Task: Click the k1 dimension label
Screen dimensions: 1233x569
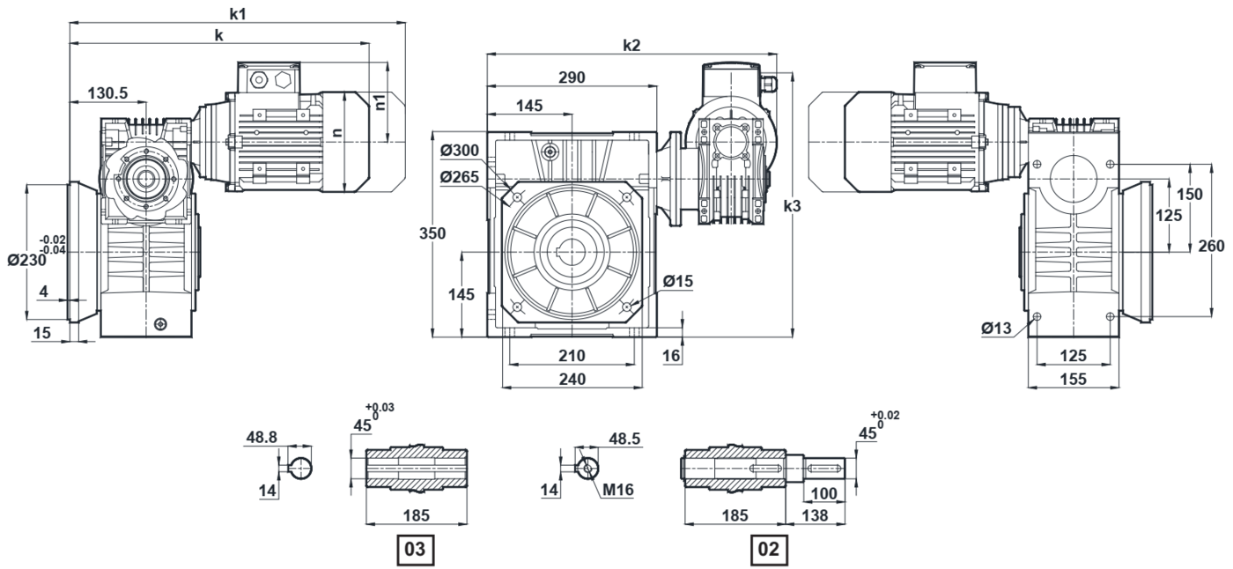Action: [x=238, y=14]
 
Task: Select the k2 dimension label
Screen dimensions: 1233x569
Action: [x=632, y=45]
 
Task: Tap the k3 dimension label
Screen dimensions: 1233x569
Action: [x=792, y=206]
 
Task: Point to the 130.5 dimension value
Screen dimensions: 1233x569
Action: [x=107, y=93]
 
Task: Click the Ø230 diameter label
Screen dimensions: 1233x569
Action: [x=27, y=260]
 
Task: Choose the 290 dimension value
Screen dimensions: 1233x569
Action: [x=572, y=78]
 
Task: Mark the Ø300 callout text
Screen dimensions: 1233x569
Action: [x=460, y=151]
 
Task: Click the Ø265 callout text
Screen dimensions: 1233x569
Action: [x=460, y=177]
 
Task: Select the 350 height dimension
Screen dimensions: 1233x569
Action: [x=432, y=233]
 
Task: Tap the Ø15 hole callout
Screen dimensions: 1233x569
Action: [x=678, y=281]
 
